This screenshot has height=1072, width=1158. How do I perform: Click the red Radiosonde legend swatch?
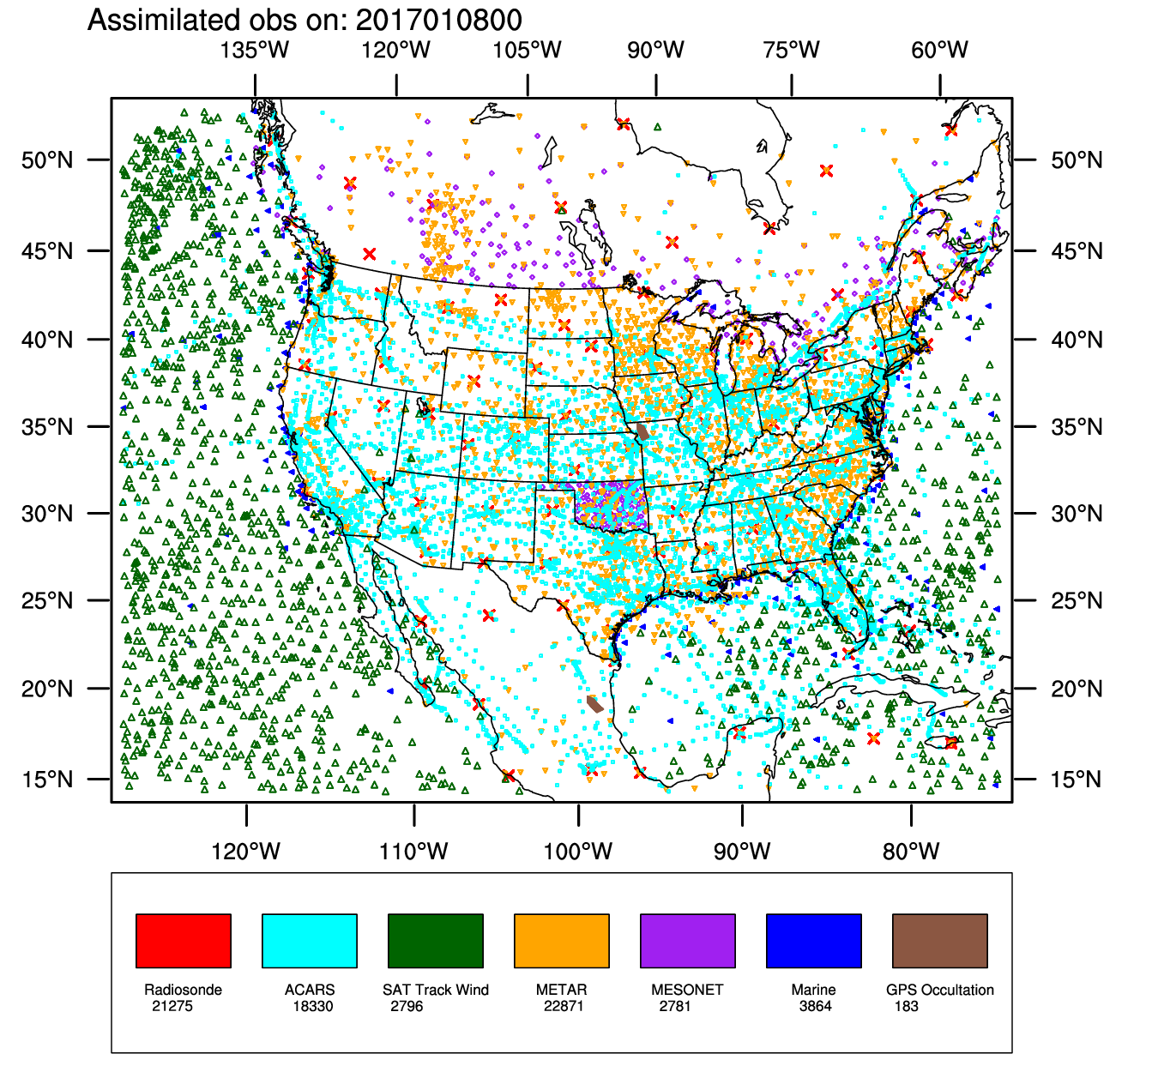click(184, 940)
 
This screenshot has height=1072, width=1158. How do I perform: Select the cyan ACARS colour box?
click(309, 940)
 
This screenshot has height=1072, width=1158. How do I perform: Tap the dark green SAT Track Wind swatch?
click(435, 940)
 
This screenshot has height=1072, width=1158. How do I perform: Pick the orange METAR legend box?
click(561, 940)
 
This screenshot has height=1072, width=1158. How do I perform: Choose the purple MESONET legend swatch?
click(687, 940)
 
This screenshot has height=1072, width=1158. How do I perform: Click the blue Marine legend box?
click(813, 940)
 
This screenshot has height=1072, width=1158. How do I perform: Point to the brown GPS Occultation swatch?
click(939, 940)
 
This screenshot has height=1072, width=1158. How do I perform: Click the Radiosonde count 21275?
click(172, 1006)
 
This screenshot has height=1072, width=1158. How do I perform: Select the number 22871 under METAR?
click(564, 1006)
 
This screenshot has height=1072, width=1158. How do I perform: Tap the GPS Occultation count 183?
click(906, 1006)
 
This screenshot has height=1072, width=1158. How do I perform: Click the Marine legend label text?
click(813, 990)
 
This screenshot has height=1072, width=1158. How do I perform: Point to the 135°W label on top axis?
click(255, 50)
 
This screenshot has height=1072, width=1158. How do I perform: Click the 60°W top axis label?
click(939, 50)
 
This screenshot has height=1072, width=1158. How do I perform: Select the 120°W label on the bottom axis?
click(246, 852)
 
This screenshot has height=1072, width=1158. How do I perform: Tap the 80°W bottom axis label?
click(911, 852)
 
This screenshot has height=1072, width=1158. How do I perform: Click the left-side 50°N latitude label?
click(47, 160)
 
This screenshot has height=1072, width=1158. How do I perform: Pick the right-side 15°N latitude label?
click(1077, 780)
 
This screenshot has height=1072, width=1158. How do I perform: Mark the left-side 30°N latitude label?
click(47, 514)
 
